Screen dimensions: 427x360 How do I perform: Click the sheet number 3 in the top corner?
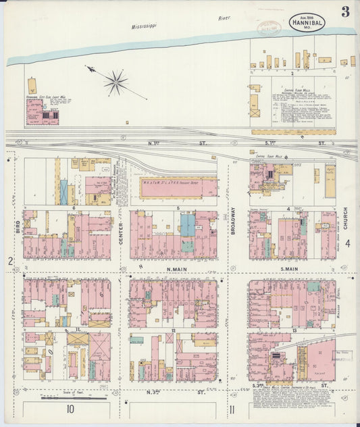click(345, 11)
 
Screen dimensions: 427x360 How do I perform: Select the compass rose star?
click(116, 82)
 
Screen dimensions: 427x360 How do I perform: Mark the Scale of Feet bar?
click(64, 397)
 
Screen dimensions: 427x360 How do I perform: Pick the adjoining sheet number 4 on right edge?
click(347, 244)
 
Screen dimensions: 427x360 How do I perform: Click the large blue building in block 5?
click(187, 225)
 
